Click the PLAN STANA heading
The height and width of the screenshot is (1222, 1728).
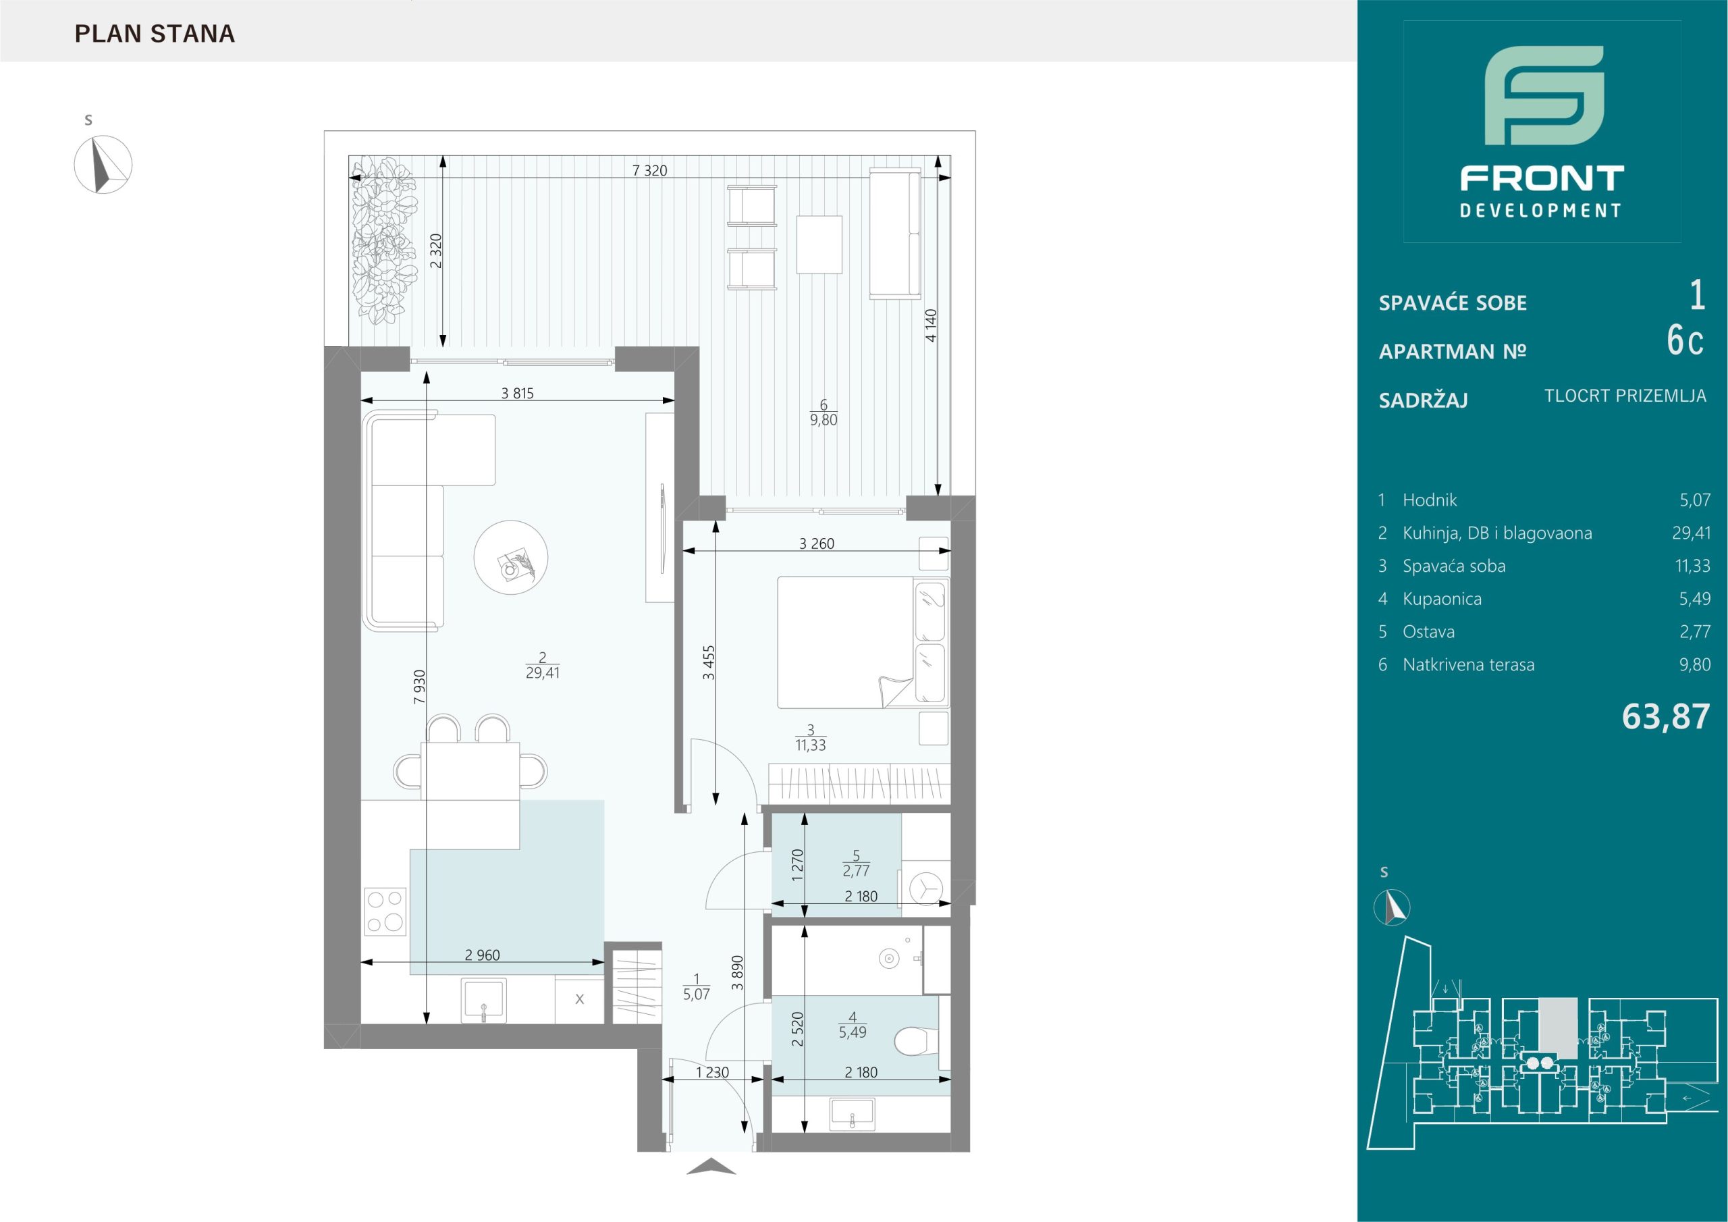(155, 34)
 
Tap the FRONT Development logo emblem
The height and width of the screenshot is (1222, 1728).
(1542, 105)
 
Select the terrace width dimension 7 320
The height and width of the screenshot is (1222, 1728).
(649, 171)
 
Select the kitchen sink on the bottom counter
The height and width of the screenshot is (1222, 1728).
(484, 1001)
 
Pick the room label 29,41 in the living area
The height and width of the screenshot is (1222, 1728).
(542, 673)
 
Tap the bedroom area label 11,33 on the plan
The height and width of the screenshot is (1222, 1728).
(811, 745)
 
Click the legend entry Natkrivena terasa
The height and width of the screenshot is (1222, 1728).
(1468, 665)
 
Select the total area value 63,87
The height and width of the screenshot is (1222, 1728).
(1665, 717)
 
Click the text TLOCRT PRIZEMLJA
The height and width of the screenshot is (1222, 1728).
(1625, 396)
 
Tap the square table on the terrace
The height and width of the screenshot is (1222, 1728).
(819, 244)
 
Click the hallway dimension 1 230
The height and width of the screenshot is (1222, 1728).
(712, 1072)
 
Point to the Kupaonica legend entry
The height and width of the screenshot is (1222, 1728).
(1442, 600)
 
